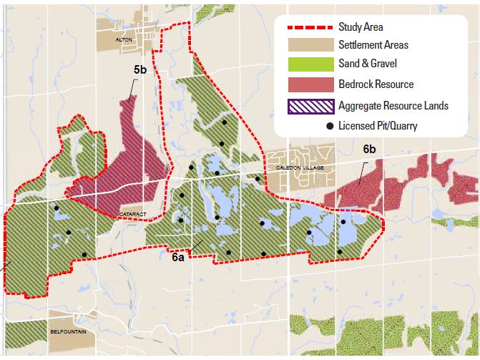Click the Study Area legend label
(x=363, y=27)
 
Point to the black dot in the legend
(x=330, y=126)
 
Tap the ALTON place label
(x=124, y=41)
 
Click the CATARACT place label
(x=132, y=213)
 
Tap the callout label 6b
(x=369, y=150)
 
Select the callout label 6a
(x=179, y=258)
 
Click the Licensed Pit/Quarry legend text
(x=379, y=126)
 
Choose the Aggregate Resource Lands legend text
(x=393, y=105)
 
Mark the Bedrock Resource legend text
(x=376, y=84)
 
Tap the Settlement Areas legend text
(x=374, y=45)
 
